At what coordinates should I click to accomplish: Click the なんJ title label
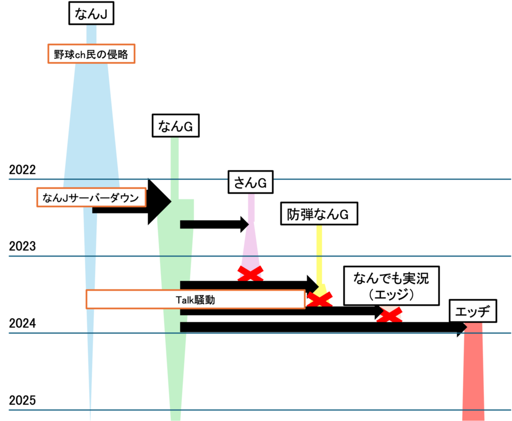coord(91,14)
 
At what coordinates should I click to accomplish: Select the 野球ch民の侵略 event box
coord(91,54)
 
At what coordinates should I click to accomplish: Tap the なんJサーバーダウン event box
coord(91,197)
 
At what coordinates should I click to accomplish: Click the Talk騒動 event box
coord(195,300)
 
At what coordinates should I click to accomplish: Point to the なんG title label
coord(175,126)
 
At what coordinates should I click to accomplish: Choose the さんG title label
coord(250,183)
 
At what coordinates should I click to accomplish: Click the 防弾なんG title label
coord(319,214)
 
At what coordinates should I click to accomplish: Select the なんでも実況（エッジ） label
coord(391,286)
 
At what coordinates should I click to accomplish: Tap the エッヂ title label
coord(473,312)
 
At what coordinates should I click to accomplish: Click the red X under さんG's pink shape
coord(250,273)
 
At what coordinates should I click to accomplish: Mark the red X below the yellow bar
coord(320,298)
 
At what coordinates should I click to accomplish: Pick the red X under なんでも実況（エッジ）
coord(390,315)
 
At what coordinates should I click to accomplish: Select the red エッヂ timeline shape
coord(473,371)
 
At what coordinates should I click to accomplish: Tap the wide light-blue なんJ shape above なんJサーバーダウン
coord(91,126)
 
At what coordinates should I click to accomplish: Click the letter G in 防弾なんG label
coord(344,214)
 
